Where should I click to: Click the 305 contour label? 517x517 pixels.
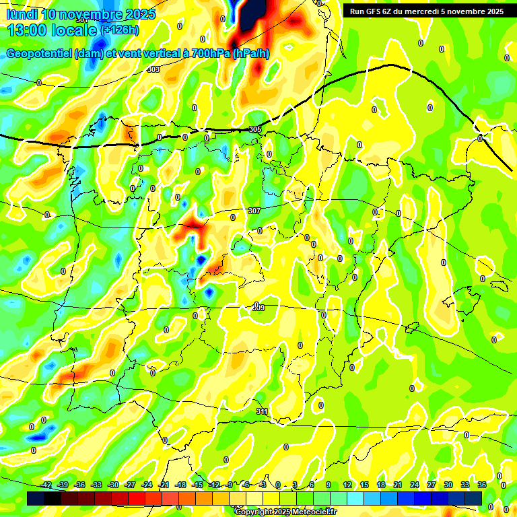tap(254, 129)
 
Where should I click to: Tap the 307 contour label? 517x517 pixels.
tap(254, 211)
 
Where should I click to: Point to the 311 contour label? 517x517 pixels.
tap(262, 411)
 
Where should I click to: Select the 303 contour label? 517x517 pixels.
tap(153, 69)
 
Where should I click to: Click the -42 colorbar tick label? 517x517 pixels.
tap(46, 485)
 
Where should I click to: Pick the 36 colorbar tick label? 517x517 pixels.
tap(482, 485)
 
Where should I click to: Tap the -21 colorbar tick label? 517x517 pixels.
tap(164, 485)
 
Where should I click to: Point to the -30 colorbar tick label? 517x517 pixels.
tap(113, 485)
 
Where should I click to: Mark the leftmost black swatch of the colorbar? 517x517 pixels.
tap(36, 498)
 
